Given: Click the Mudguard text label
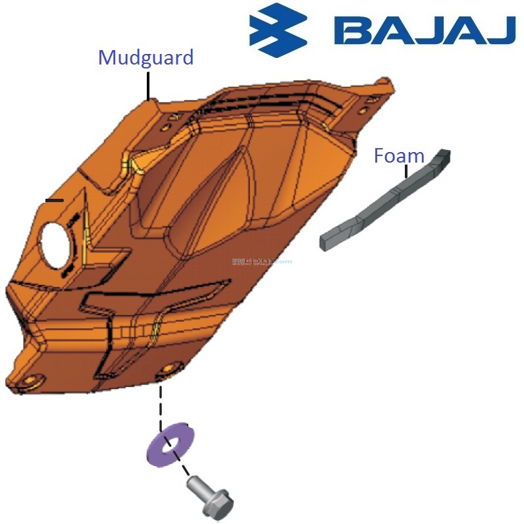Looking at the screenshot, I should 145,58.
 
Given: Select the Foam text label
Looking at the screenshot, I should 399,156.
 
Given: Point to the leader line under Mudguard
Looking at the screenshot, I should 149,86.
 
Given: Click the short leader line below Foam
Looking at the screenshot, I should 407,171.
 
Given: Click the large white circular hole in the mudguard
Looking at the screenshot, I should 54,243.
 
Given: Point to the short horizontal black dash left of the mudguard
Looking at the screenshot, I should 54,199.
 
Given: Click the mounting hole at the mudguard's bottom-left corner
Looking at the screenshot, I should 29,380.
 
